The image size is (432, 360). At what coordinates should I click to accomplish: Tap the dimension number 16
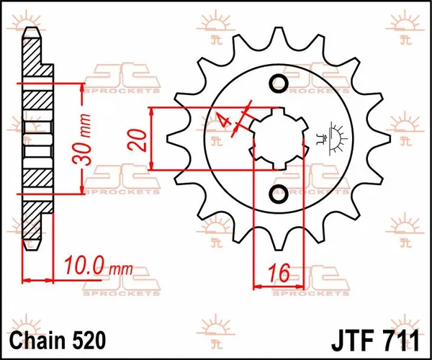click(x=282, y=273)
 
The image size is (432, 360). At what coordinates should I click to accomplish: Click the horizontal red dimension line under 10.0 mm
click(x=40, y=279)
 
